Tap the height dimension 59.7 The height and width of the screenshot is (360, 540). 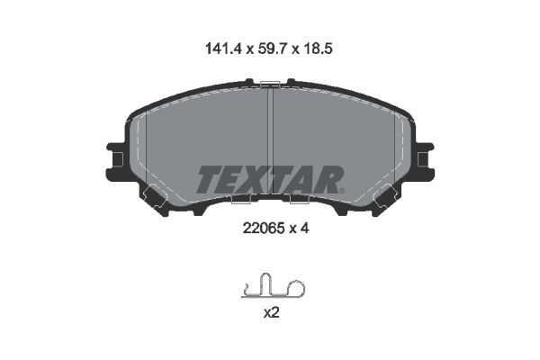point(272,49)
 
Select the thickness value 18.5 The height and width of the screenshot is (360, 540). point(318,49)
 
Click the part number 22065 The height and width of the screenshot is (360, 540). point(264,228)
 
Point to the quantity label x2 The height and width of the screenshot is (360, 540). point(271,313)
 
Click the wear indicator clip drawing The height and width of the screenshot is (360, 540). point(273,285)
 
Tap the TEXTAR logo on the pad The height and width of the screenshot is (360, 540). point(270,179)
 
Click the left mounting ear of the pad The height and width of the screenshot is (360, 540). point(115,159)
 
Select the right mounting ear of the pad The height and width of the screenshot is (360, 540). point(425,159)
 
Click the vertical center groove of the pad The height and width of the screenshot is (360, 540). point(270,141)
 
